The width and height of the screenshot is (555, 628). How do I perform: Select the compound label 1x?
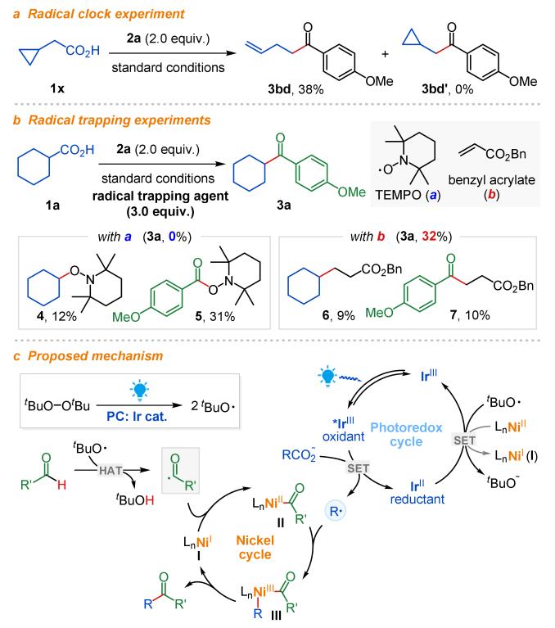(46, 84)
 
